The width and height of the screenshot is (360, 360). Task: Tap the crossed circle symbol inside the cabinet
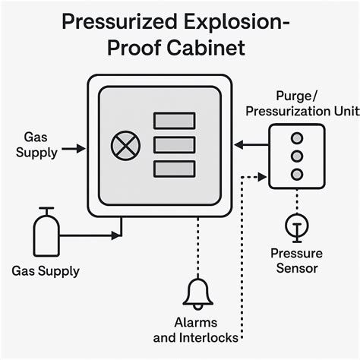[x=122, y=145]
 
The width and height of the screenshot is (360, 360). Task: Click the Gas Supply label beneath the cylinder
[x=46, y=270]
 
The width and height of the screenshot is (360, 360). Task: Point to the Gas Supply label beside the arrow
[x=39, y=144]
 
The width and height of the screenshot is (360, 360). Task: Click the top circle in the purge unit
[x=297, y=138]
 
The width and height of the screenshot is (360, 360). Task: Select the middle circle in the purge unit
[x=297, y=156]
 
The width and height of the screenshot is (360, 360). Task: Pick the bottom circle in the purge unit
[x=297, y=174]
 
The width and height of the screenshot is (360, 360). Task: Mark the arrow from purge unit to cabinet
[x=251, y=144]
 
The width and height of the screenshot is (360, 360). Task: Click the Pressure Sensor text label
[x=296, y=261]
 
